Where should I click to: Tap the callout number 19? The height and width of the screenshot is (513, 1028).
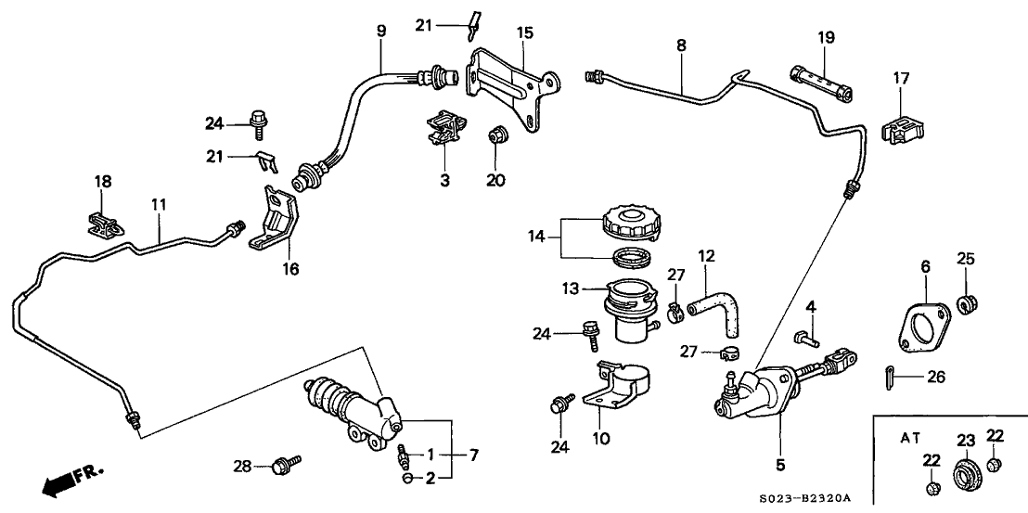(x=826, y=38)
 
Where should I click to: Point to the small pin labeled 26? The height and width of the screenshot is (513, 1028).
(x=888, y=376)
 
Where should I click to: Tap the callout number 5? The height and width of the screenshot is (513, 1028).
(x=779, y=464)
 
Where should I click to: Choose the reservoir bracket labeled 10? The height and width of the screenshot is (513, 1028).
(x=617, y=385)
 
